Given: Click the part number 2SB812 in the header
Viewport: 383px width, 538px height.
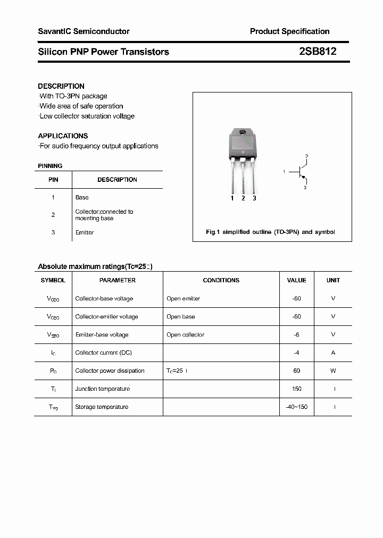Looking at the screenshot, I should tap(317, 52).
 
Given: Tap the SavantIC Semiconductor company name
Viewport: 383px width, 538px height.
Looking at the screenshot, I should tap(84, 31).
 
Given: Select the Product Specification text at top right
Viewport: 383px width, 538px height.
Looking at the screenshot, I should tap(289, 31).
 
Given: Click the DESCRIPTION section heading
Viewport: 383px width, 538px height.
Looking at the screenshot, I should tap(61, 86).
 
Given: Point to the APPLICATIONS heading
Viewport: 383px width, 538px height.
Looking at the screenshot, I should tap(63, 136).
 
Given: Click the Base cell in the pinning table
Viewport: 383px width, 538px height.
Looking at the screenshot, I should tap(82, 197).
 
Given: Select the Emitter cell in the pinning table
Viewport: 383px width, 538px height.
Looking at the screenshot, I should tap(85, 232).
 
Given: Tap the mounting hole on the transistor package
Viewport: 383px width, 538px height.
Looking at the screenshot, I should tap(243, 132).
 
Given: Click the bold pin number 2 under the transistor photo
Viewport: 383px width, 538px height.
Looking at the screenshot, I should tap(243, 198).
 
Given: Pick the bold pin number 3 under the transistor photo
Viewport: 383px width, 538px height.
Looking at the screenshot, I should tap(254, 198).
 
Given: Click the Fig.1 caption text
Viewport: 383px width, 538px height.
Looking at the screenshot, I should tap(270, 232).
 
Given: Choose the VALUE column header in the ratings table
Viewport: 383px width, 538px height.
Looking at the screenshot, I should tap(296, 280).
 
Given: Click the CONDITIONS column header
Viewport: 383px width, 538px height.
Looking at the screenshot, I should tap(221, 280).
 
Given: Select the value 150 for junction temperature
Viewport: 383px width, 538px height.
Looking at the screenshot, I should tap(296, 389).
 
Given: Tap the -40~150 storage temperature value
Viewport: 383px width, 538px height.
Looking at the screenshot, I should tap(296, 407).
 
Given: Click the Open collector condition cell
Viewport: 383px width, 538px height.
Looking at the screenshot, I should tap(185, 334).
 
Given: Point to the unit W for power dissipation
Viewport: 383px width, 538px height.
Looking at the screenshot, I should tap(333, 371).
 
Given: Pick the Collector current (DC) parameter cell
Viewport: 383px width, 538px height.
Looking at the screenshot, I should tap(103, 352).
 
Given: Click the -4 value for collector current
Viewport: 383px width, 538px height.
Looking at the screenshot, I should tap(296, 352).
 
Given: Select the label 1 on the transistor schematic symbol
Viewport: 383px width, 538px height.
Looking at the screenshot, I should tap(285, 171).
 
